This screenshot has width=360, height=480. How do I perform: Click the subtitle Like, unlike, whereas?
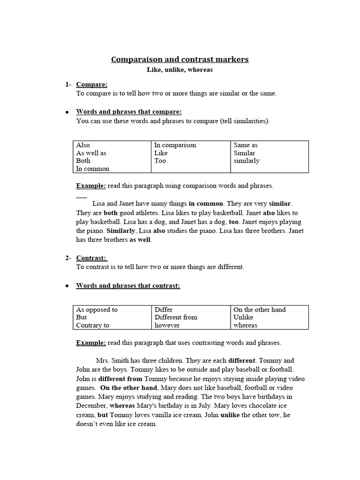tap(180, 69)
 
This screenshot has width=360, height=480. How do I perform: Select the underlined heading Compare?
tap(92, 84)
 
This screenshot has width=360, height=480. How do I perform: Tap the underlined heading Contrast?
tap(92, 258)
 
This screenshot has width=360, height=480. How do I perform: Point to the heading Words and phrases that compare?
tap(128, 112)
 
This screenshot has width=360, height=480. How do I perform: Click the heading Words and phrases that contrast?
tap(128, 285)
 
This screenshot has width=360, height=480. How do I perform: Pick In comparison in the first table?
tap(175, 145)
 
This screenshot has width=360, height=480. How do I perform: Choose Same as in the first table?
tap(246, 145)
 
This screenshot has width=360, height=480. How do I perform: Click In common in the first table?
tap(93, 169)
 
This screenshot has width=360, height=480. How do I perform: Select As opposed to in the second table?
tap(97, 310)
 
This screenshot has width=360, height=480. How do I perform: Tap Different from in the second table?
tap(176, 317)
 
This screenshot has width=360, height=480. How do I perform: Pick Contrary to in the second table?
tap(93, 325)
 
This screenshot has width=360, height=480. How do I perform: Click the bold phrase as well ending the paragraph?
tap(141, 240)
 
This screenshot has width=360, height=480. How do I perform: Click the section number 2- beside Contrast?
tap(68, 258)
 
